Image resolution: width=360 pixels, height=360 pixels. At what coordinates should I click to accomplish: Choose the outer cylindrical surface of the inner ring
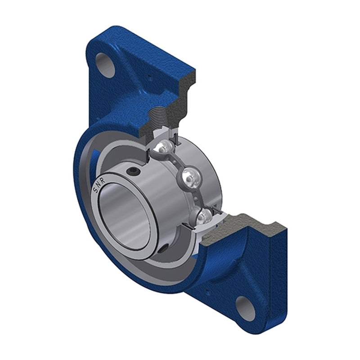point(157,202)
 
